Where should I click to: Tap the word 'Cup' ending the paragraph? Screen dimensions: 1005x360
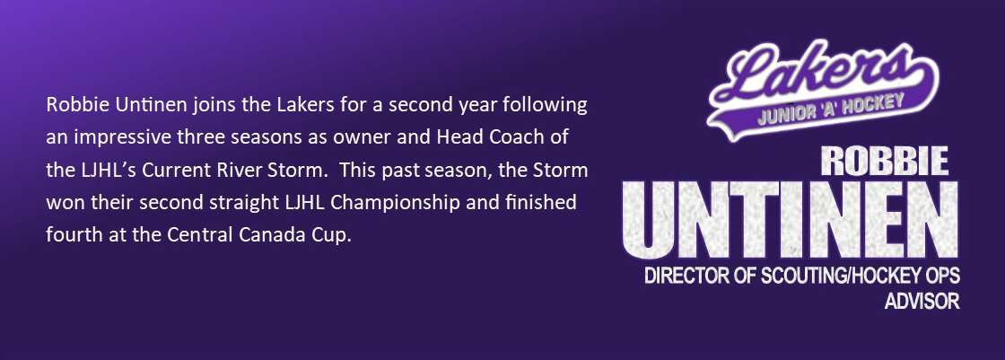(331, 237)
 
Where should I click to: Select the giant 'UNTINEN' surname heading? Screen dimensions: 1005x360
(791, 220)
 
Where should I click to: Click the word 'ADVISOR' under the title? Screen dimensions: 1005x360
(922, 302)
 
